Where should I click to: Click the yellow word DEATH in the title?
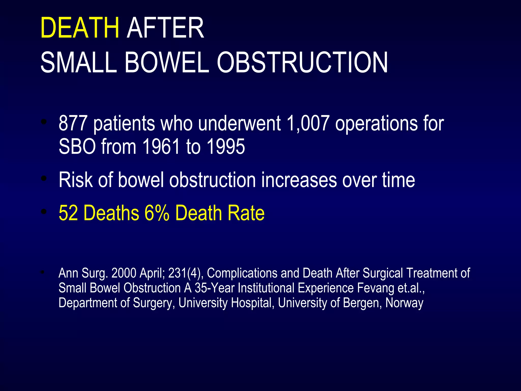pos(80,28)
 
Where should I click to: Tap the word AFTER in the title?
pos(165,28)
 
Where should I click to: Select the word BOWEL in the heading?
pos(167,63)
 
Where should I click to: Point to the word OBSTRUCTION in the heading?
pos(302,63)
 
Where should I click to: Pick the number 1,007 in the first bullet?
pos(308,123)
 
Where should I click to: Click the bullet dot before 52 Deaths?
pos(44,211)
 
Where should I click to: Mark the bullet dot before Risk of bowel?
pos(44,178)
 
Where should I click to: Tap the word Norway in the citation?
pos(404,303)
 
